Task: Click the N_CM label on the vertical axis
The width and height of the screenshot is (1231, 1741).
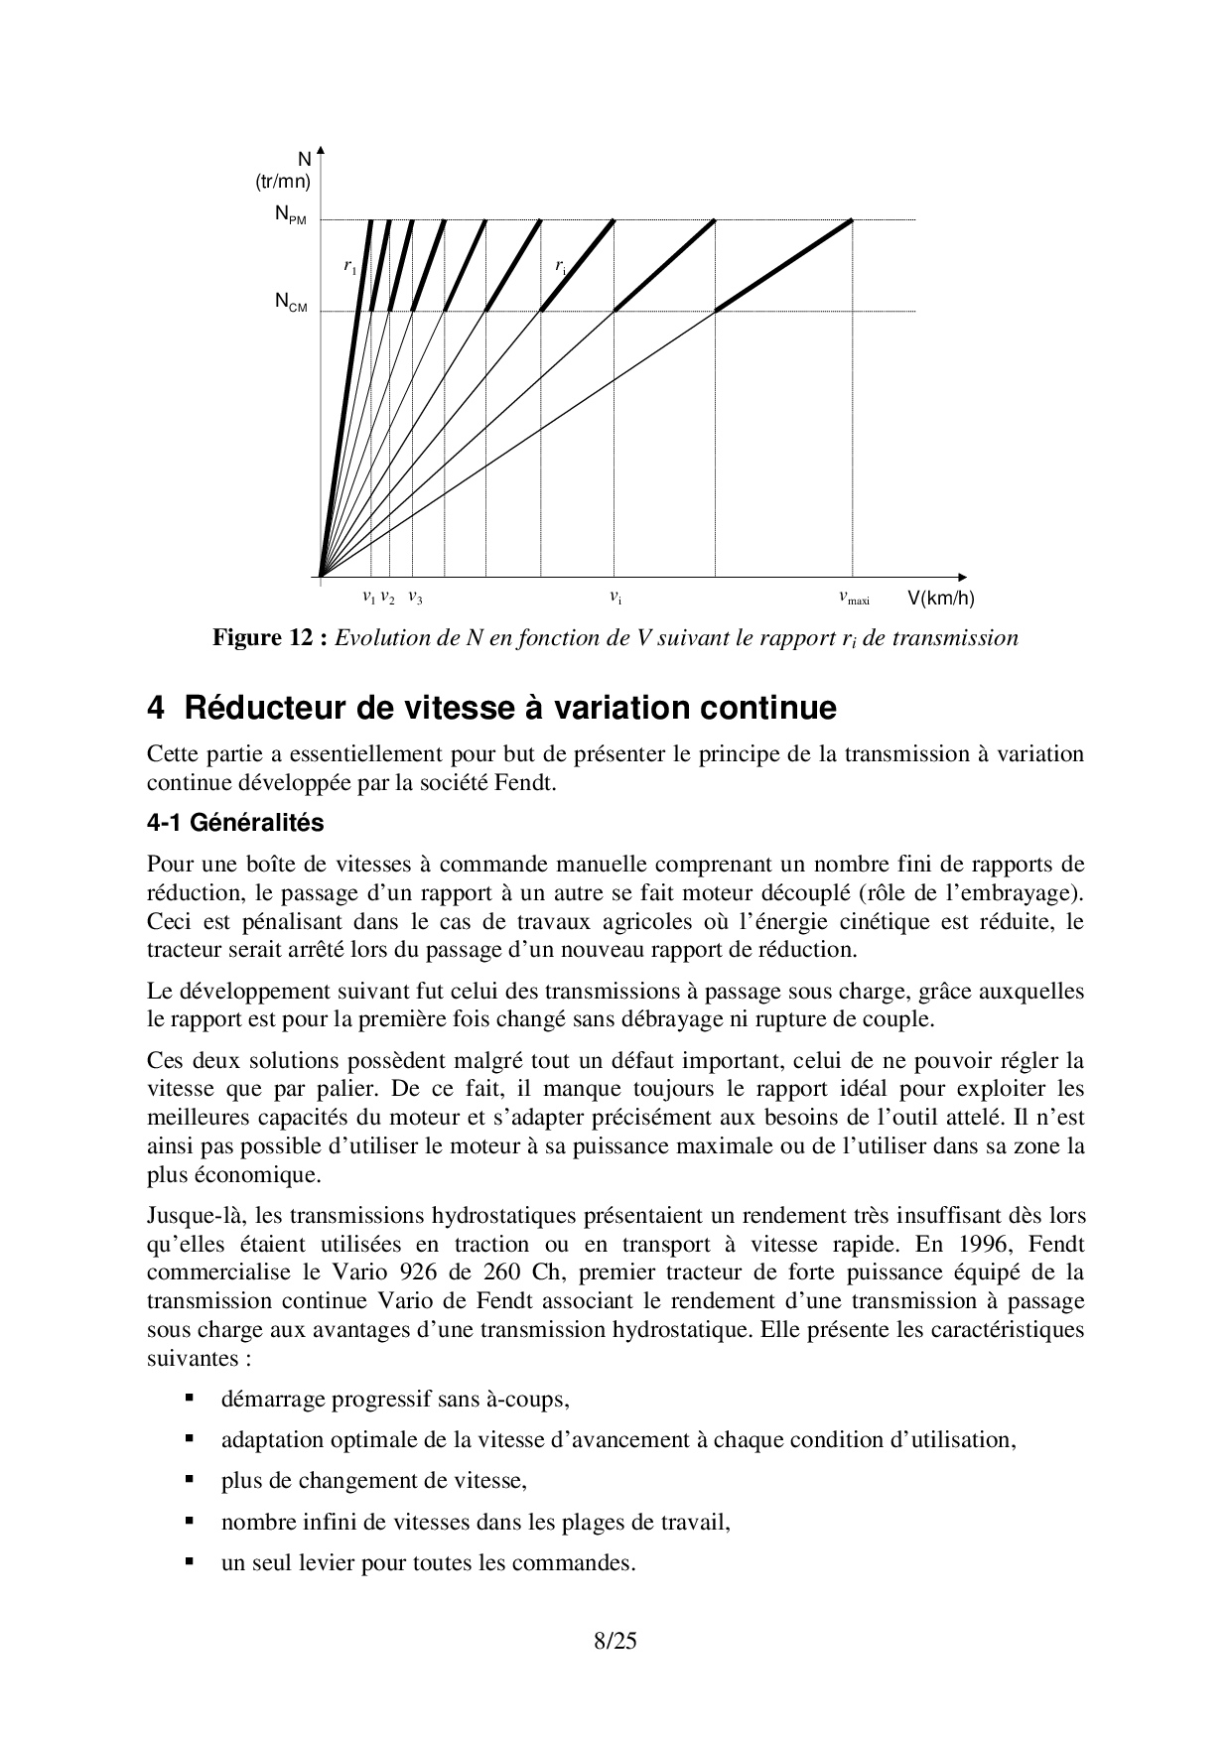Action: pyautogui.click(x=291, y=303)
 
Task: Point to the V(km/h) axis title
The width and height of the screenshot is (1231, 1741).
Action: pyautogui.click(x=940, y=599)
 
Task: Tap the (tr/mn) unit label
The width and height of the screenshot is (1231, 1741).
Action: pyautogui.click(x=283, y=182)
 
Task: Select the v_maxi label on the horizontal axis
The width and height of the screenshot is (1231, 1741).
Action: pyautogui.click(x=854, y=599)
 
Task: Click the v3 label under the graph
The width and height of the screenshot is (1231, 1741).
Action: pyautogui.click(x=415, y=599)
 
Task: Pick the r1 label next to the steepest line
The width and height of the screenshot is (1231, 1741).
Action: pyautogui.click(x=349, y=266)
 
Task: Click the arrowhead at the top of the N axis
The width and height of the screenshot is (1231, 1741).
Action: pyautogui.click(x=321, y=153)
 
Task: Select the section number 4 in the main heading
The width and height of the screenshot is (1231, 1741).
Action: pyautogui.click(x=155, y=709)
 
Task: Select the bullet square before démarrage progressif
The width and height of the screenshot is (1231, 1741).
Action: pyautogui.click(x=188, y=1399)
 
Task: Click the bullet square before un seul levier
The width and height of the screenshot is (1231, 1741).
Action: pyautogui.click(x=188, y=1561)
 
